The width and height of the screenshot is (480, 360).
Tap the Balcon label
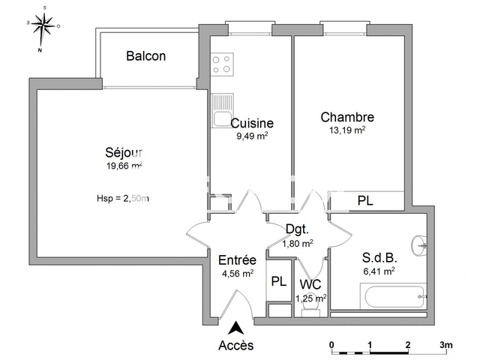pos(146,56)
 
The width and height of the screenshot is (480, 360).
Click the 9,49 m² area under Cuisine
pos(252,136)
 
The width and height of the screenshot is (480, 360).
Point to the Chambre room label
pos(347,117)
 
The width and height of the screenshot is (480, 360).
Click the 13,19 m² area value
pos(347,130)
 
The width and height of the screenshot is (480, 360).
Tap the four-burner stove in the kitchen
pos(222,64)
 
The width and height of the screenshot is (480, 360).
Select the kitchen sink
pos(222,111)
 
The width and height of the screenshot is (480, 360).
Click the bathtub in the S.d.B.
pos(393,297)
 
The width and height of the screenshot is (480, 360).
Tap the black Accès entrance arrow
pos(236,327)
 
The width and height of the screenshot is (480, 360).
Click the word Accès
pos(236,346)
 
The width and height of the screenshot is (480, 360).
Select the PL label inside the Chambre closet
pos(365,201)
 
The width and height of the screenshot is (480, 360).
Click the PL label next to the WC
pos(278,282)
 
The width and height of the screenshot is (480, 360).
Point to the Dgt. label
pos(298,229)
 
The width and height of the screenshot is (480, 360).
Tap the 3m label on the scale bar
pos(446,345)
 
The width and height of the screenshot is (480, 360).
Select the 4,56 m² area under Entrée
pos(237,274)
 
